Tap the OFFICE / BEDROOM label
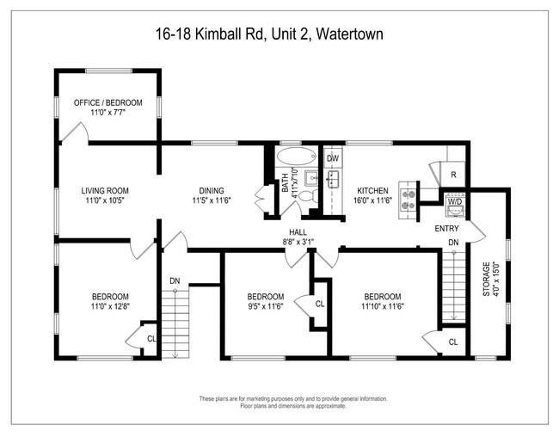(x=107, y=102)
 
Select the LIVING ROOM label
(x=105, y=191)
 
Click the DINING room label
(x=208, y=191)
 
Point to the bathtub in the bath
(x=297, y=157)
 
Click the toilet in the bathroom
(x=308, y=197)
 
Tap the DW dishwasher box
(x=333, y=158)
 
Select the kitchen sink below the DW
(x=333, y=179)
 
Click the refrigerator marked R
(x=452, y=175)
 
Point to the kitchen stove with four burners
(x=407, y=200)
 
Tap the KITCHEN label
(x=373, y=191)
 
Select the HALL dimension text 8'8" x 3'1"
(x=298, y=242)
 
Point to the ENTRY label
(x=447, y=228)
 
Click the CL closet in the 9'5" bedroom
(x=319, y=305)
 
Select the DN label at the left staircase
(x=174, y=280)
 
